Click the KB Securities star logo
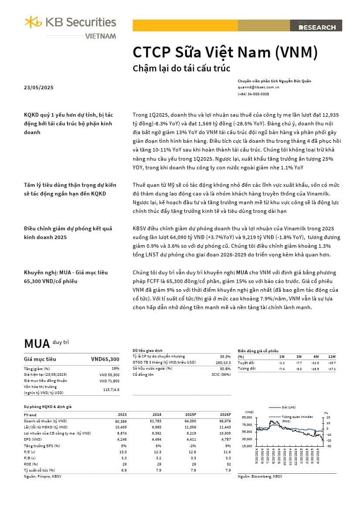tap(33, 22)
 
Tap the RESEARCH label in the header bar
tap(317, 27)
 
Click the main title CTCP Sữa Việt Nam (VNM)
tap(225, 52)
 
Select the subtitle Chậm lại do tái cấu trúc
tap(181, 68)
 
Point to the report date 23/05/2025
tap(38, 88)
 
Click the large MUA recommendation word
tap(37, 344)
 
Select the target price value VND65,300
tap(105, 359)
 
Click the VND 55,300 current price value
tap(109, 374)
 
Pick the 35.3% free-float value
tap(225, 356)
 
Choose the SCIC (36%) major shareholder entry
tap(221, 374)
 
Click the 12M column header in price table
tap(333, 357)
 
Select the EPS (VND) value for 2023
tap(120, 440)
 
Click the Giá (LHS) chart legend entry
tap(289, 407)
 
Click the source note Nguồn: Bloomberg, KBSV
tap(260, 477)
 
